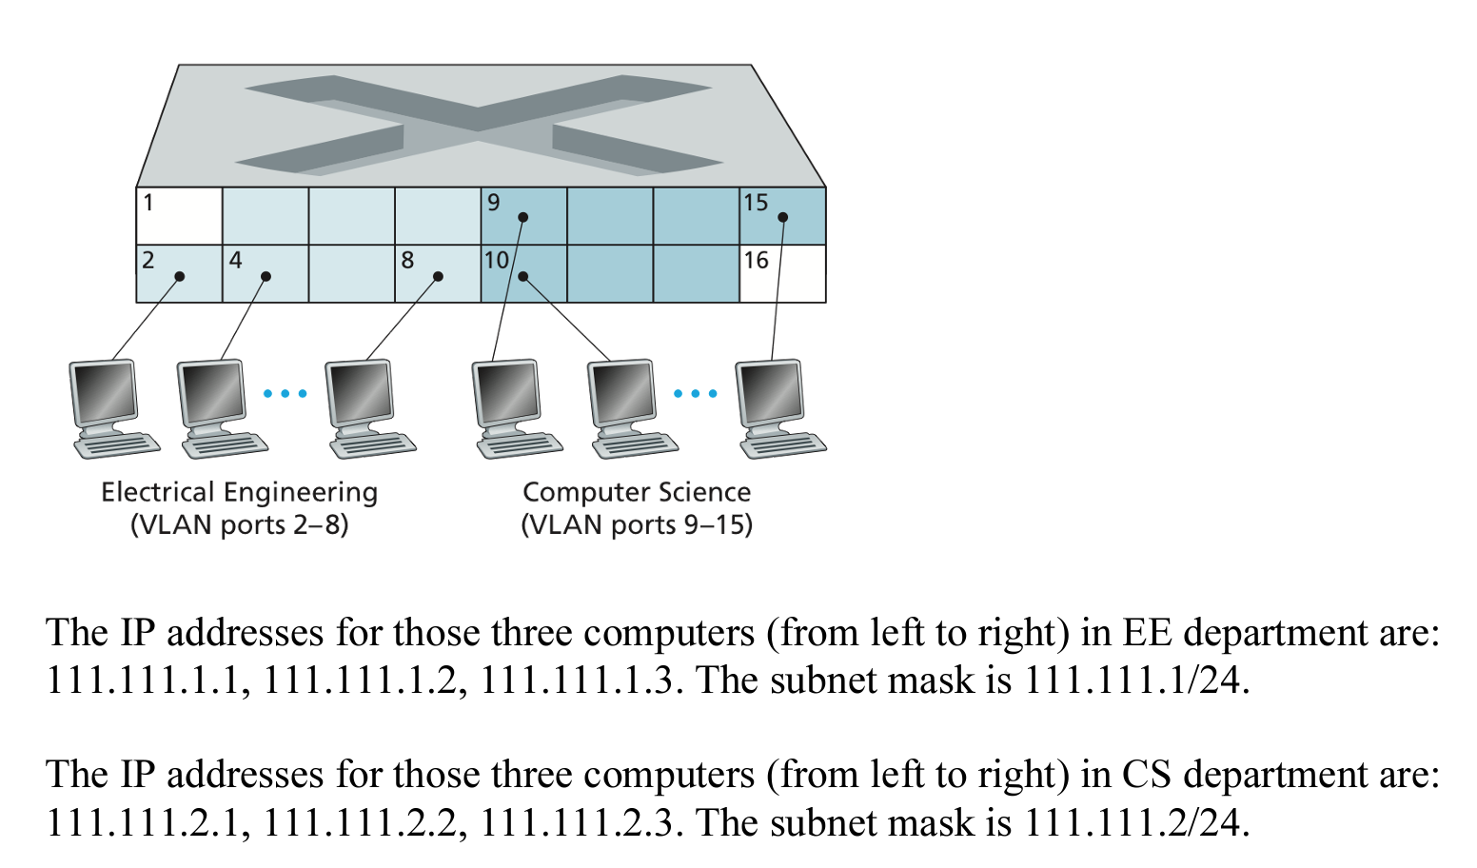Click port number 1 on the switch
tap(179, 216)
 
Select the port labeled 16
tap(782, 274)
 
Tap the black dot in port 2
tap(179, 277)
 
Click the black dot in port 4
tap(266, 277)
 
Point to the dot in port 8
tap(438, 277)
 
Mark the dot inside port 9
tap(522, 217)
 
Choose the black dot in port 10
tap(523, 277)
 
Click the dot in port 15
tap(782, 217)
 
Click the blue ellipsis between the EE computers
tap(285, 394)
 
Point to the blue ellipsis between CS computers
tap(695, 394)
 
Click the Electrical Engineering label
tap(239, 492)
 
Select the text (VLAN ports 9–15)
tap(637, 524)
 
